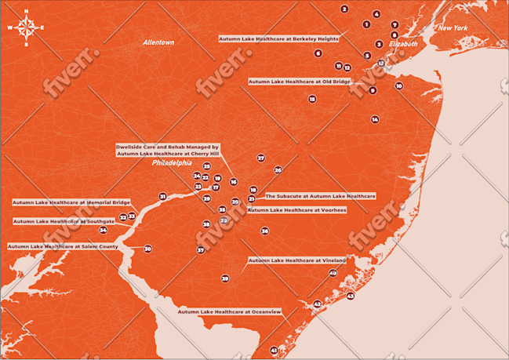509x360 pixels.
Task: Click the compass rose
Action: pos(26,28)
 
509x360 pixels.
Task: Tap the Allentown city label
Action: pos(158,42)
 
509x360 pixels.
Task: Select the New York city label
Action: pos(453,28)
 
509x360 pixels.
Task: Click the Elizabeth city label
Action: pos(403,44)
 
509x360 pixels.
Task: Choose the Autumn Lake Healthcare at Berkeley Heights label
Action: pos(278,38)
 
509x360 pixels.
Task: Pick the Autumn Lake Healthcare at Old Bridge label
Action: pos(299,81)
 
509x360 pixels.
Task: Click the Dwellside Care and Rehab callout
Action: pos(167,150)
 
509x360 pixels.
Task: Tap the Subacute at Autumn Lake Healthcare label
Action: pos(320,195)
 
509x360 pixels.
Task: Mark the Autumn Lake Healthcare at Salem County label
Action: pos(63,246)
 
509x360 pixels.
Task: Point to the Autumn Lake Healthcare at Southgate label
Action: pos(64,221)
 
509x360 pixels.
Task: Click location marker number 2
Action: pos(344,9)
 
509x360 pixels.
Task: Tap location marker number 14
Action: pos(375,119)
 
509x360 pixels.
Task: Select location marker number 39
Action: pos(225,278)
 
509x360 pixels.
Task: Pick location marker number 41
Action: pos(274,350)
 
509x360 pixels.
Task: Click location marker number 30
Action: pos(147,249)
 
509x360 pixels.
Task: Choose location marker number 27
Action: pos(261,158)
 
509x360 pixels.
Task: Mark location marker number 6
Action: pos(318,53)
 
